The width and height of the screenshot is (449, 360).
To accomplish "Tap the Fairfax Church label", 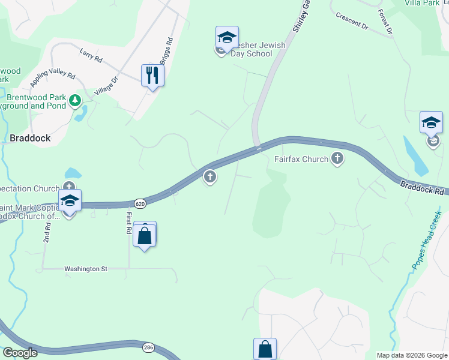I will (301, 159).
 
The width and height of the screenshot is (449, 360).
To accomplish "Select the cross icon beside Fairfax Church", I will (337, 159).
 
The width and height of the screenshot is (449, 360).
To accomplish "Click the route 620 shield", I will (140, 204).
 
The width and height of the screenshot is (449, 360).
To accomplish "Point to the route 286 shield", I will (149, 347).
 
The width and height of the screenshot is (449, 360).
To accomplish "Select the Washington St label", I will (85, 269).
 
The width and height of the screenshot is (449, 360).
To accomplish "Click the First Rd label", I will (128, 222).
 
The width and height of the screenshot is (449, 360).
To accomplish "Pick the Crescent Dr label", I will (352, 22).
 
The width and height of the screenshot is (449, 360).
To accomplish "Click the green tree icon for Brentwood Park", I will (76, 100).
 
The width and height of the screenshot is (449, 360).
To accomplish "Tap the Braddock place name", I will (29, 137).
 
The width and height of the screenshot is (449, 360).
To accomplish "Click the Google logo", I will (20, 353).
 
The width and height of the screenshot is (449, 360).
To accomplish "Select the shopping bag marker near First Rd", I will (145, 235).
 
